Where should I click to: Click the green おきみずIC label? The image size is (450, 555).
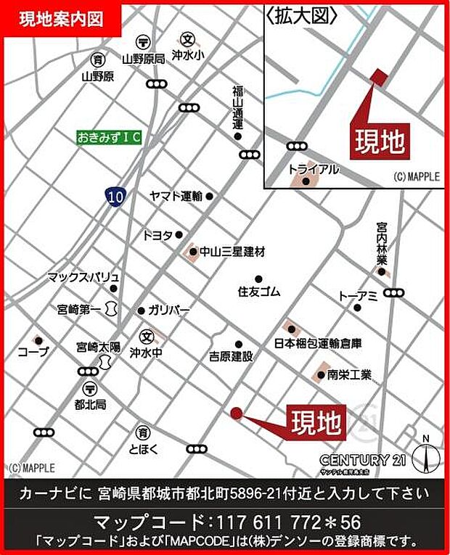click(110, 136)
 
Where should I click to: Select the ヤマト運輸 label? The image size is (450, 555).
click(176, 196)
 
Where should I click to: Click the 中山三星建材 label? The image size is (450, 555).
click(232, 252)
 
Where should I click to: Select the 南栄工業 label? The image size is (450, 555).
click(348, 375)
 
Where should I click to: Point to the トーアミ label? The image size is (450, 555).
click(357, 295)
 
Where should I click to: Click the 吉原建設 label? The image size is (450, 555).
click(231, 356)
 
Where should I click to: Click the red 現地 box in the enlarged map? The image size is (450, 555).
click(378, 141)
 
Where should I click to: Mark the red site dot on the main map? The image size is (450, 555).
click(236, 414)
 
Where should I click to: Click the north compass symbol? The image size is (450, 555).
click(425, 456)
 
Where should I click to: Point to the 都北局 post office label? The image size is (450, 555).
click(91, 403)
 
